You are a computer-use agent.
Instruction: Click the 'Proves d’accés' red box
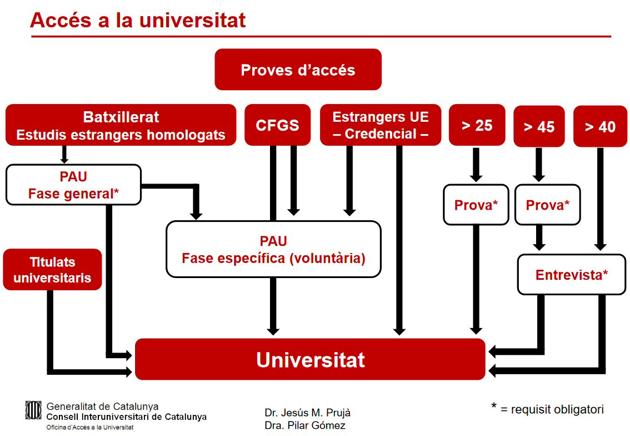(x=298, y=70)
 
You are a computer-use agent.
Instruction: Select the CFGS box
(x=277, y=125)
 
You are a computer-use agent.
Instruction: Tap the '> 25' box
(x=477, y=125)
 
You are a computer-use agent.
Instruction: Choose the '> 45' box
(x=539, y=127)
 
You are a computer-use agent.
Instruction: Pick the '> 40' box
(x=600, y=127)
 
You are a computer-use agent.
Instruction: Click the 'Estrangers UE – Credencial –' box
(x=381, y=125)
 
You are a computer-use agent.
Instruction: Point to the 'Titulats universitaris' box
(x=52, y=270)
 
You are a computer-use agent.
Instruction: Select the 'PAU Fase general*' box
(x=73, y=185)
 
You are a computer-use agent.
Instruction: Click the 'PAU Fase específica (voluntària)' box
(x=273, y=249)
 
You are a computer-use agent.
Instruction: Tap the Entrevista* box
(x=571, y=275)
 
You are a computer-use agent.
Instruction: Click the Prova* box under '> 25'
(x=476, y=205)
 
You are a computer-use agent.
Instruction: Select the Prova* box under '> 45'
(x=547, y=205)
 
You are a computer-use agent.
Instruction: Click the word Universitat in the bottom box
(x=310, y=360)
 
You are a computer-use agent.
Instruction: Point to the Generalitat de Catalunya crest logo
(x=33, y=410)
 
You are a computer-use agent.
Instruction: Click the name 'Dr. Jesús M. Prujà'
(x=307, y=413)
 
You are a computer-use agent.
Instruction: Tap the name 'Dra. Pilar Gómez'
(x=305, y=425)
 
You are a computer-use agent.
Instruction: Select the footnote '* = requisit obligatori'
(x=547, y=409)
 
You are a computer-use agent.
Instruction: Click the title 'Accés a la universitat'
(x=138, y=20)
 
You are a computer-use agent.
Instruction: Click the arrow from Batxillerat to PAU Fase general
(x=64, y=154)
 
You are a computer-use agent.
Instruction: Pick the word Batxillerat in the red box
(x=121, y=117)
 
